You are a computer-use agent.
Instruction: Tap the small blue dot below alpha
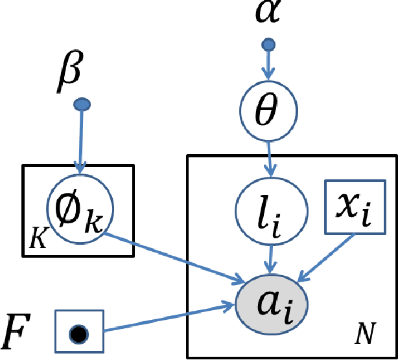[x=268, y=45]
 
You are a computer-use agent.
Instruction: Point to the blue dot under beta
[x=80, y=104]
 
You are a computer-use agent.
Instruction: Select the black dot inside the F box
[x=78, y=334]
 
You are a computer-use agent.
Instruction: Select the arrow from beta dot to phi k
[x=80, y=139]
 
